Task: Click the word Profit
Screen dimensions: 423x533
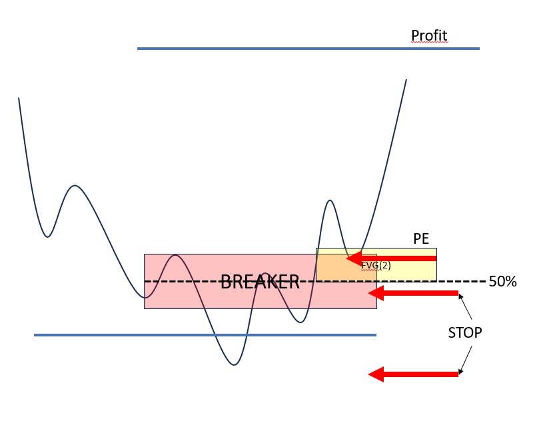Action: pos(429,35)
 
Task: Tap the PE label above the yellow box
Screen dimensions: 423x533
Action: pos(420,239)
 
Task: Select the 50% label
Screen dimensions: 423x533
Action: pos(502,282)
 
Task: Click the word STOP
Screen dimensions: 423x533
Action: pos(464,332)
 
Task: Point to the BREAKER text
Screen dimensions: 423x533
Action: pos(260,282)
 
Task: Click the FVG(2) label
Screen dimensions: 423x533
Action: pos(376,265)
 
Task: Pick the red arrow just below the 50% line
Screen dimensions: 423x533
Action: pos(413,292)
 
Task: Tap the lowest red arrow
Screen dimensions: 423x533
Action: pos(413,374)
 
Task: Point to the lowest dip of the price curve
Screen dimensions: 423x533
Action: pos(234,364)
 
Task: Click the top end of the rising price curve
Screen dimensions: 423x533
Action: pos(406,81)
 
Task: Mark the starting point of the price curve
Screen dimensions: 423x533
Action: pos(19,99)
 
